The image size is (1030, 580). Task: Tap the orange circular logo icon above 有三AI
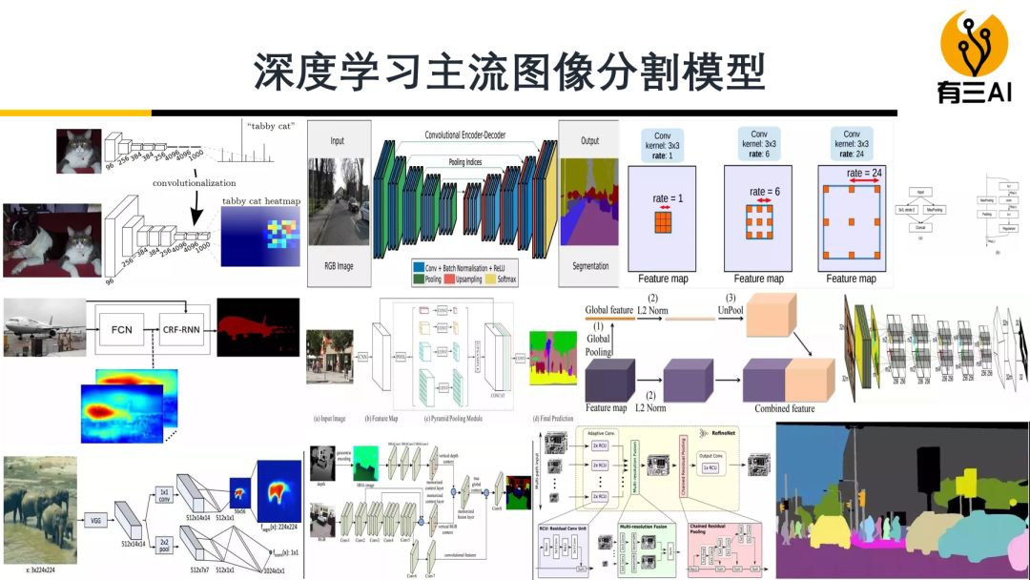pos(974,43)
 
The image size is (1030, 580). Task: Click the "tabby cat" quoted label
pos(270,125)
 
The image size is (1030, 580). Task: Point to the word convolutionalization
pos(194,181)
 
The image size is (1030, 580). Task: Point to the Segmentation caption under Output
pos(589,266)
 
